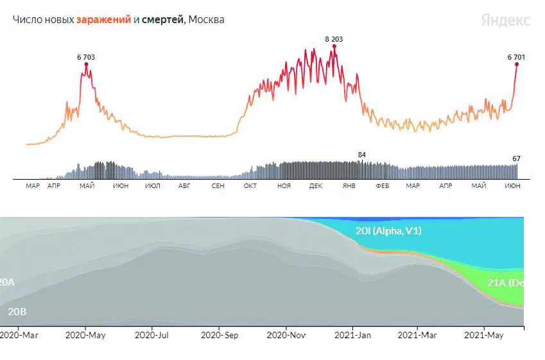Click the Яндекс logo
tap(506, 20)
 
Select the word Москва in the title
tap(207, 20)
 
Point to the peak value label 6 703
tap(86, 57)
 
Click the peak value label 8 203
tap(334, 39)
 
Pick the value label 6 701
tap(516, 57)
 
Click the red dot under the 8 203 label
tap(334, 46)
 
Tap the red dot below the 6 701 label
tap(516, 64)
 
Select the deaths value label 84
tap(362, 155)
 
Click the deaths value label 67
tap(516, 159)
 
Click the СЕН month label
tap(218, 186)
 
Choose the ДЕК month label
tap(316, 186)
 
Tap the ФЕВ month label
tap(382, 186)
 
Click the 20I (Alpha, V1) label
tap(388, 231)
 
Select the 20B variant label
tap(17, 312)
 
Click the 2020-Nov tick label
tap(286, 334)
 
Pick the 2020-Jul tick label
tap(153, 334)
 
